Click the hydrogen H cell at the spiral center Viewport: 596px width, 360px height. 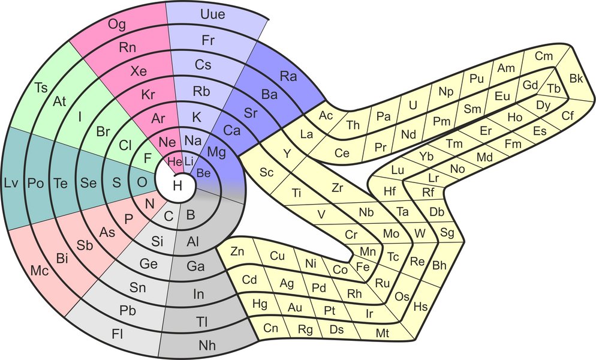point(177,185)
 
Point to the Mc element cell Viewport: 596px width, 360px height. point(40,271)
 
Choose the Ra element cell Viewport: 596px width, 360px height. point(290,77)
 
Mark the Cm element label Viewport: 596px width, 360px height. point(543,56)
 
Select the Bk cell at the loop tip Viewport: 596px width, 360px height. point(576,79)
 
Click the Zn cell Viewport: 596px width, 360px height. point(237,251)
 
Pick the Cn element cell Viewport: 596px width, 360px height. point(271,328)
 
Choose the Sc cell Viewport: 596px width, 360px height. point(267,172)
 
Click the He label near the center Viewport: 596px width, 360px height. point(174,161)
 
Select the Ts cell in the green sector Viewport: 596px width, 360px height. point(41,88)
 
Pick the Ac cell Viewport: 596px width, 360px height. point(326,115)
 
